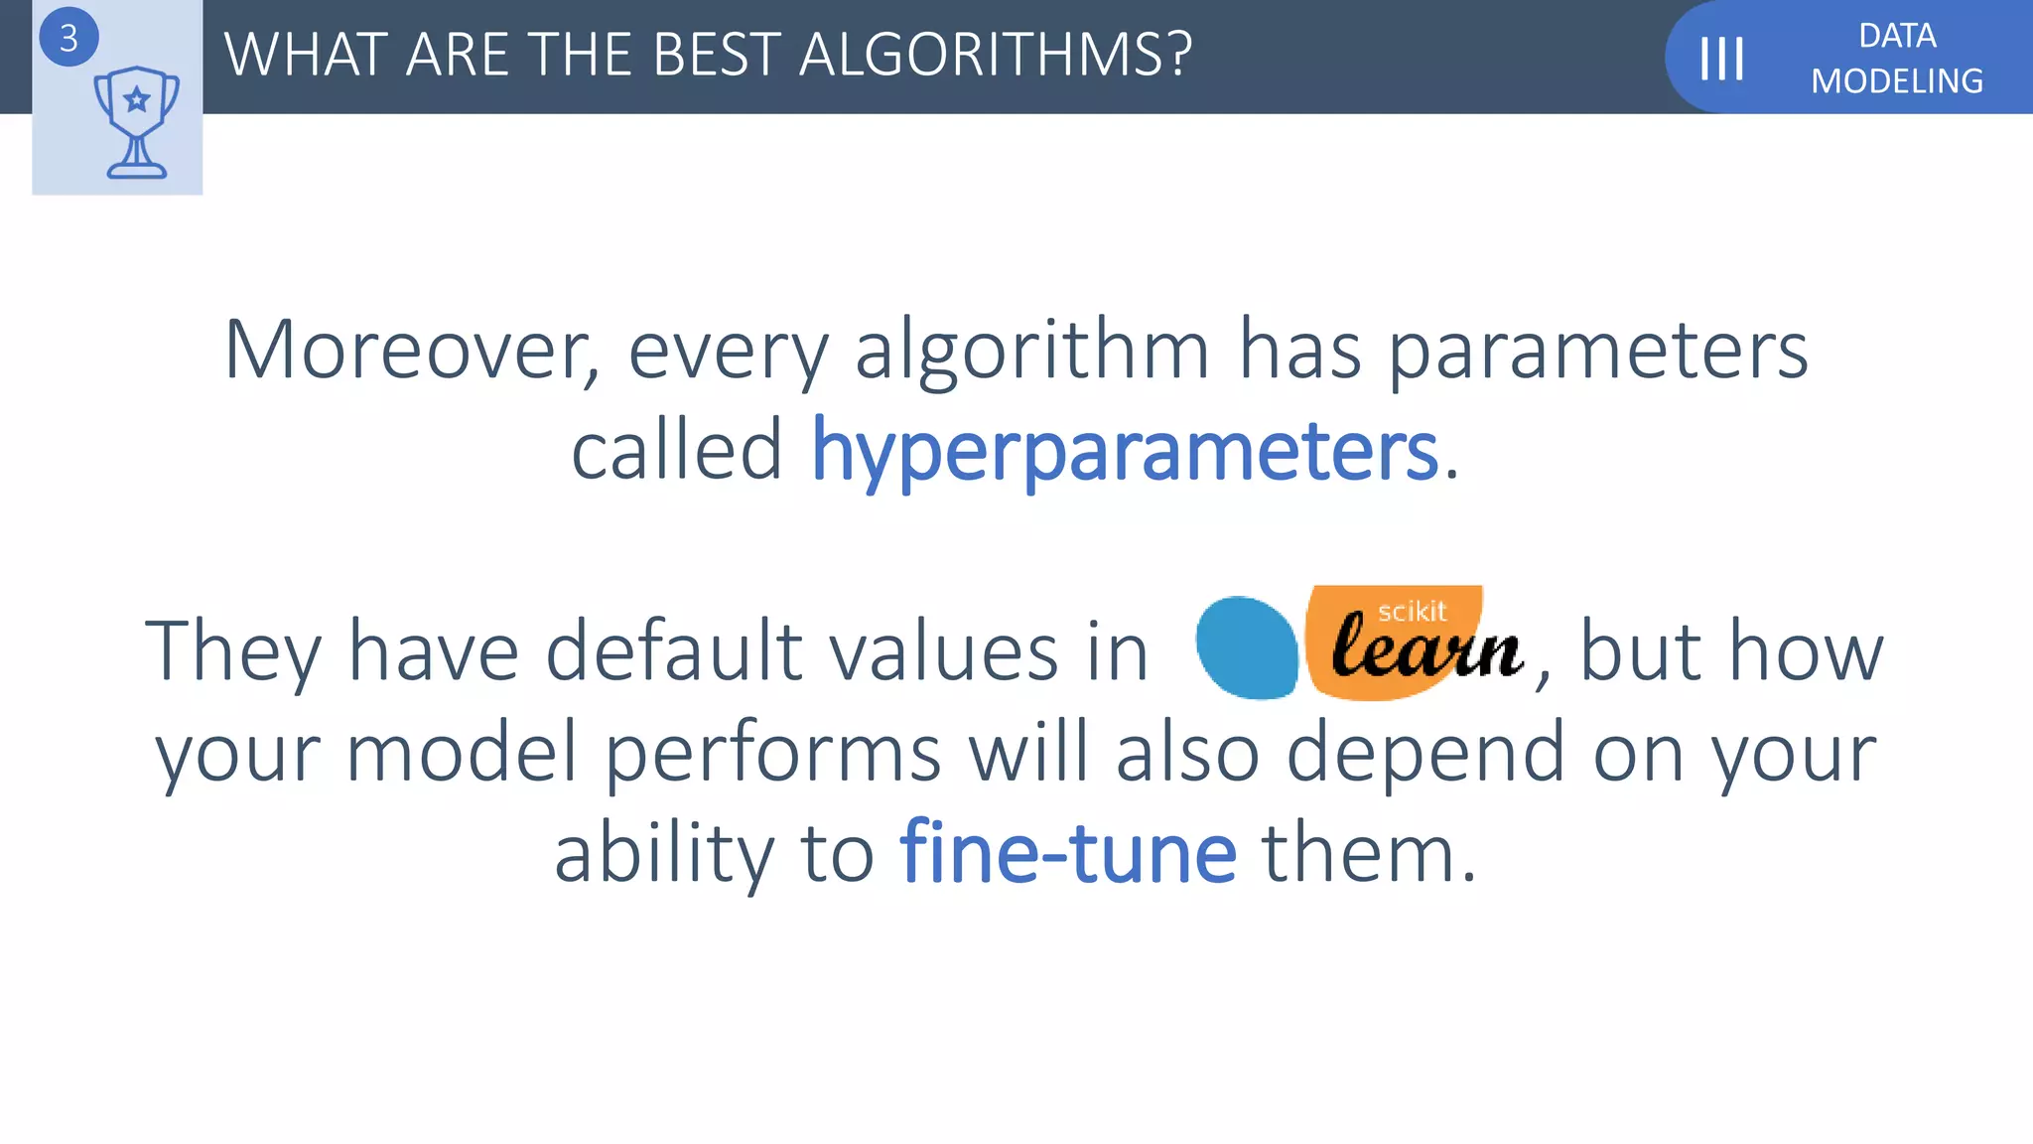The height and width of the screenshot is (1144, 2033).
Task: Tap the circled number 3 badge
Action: (x=68, y=38)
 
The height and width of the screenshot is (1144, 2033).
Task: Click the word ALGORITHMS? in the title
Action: (x=995, y=55)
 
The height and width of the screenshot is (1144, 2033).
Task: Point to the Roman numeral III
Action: (x=1721, y=59)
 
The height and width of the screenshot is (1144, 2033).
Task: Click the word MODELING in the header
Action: (x=1896, y=81)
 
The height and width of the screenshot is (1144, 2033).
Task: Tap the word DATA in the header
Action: (x=1897, y=36)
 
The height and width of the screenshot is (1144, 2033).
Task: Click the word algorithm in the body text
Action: (x=1031, y=350)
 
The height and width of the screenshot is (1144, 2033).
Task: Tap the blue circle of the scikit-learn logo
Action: (x=1247, y=647)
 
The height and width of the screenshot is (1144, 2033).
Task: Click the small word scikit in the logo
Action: (x=1412, y=612)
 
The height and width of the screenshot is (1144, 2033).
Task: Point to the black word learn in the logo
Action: (x=1426, y=650)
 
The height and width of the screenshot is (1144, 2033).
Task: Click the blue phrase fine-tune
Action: (x=1068, y=853)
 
